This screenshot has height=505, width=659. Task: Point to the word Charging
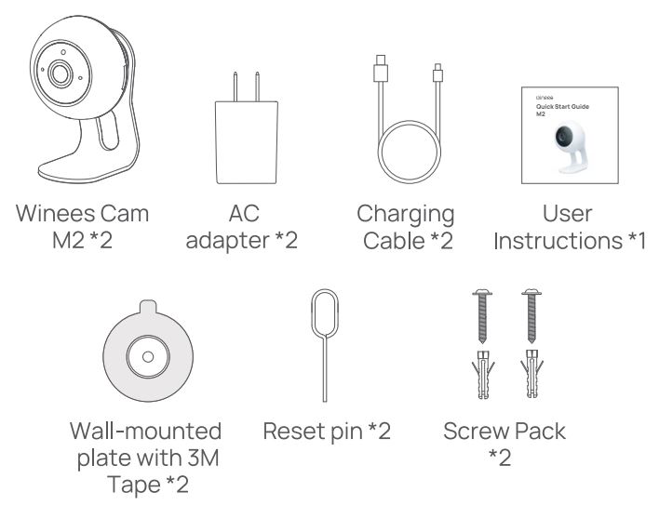click(x=406, y=215)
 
